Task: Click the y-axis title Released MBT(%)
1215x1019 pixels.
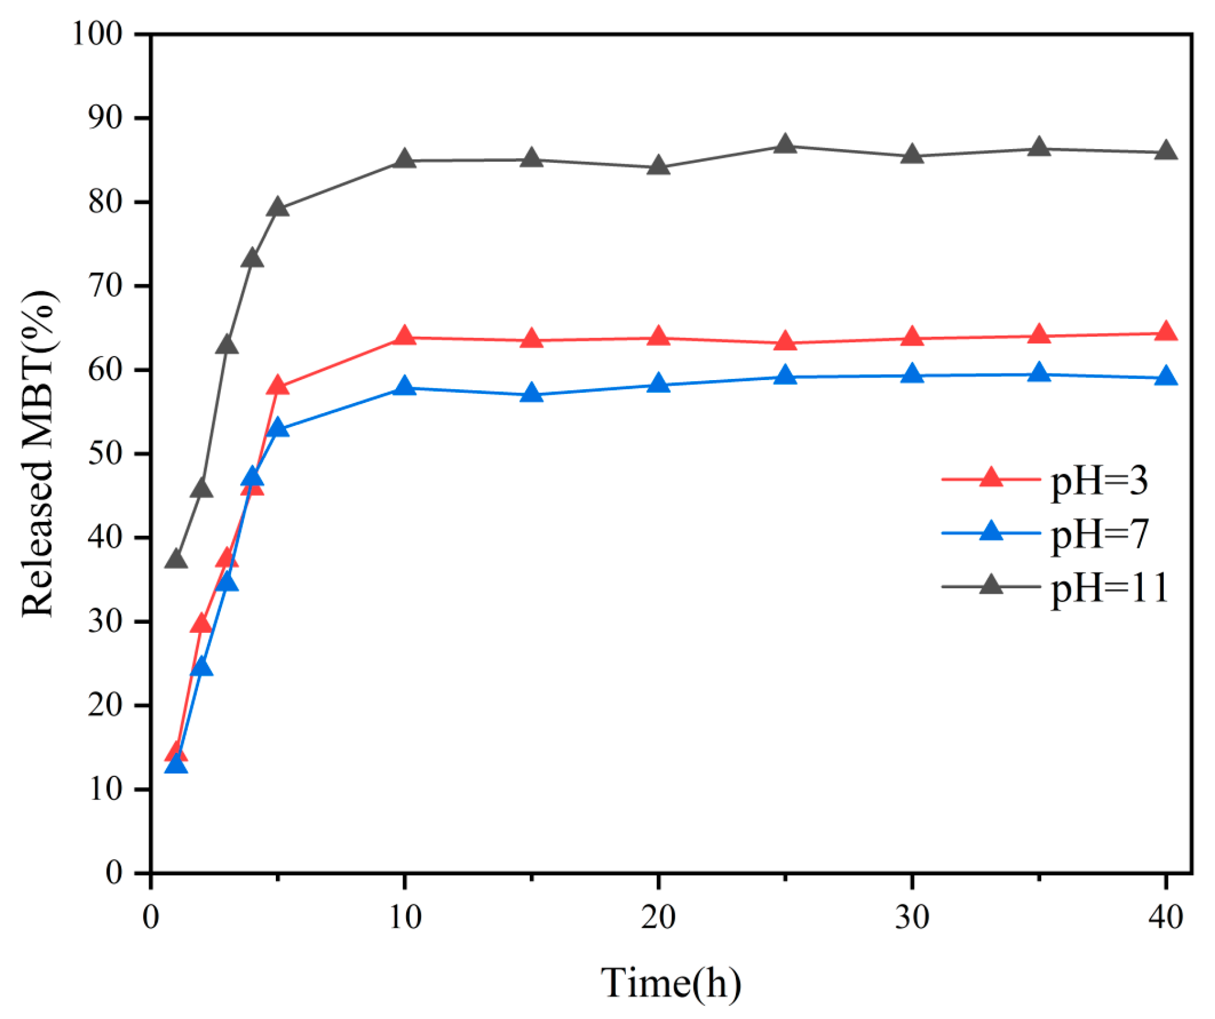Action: (39, 454)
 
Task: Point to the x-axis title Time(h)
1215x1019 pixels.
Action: (671, 983)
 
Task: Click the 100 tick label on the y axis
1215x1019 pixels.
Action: (97, 34)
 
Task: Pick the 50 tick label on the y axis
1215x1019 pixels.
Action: (105, 454)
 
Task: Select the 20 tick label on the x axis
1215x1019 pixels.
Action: (658, 918)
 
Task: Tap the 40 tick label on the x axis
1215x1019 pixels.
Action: (1166, 918)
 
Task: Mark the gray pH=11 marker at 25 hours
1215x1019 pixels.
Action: (785, 145)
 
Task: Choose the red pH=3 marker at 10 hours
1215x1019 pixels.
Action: (404, 336)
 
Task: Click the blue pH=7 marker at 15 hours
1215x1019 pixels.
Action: (531, 393)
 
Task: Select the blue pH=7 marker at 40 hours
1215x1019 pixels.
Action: (1166, 377)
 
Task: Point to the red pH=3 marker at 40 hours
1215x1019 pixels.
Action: (1166, 332)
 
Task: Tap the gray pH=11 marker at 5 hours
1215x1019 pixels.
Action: (278, 208)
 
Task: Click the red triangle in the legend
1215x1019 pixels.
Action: (990, 478)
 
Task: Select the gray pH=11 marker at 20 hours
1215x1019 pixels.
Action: (658, 166)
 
